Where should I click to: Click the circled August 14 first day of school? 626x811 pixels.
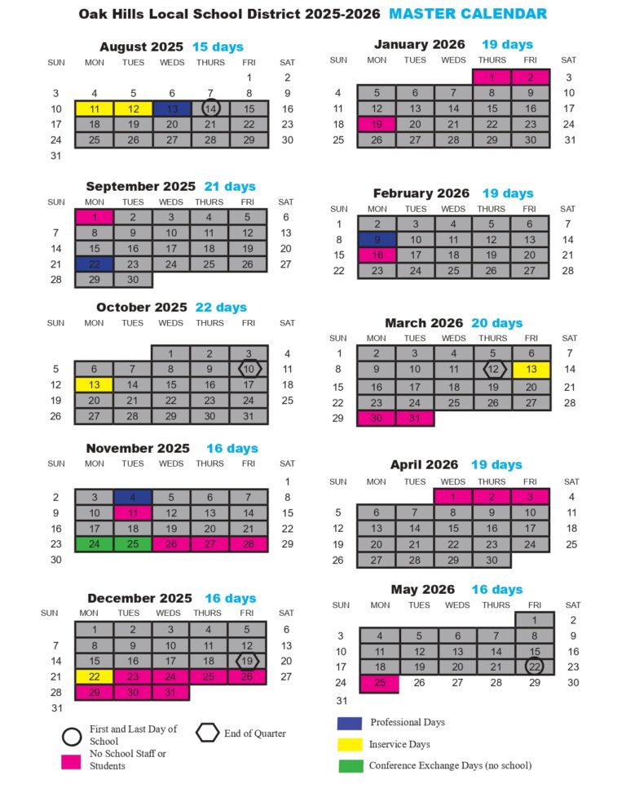coord(210,109)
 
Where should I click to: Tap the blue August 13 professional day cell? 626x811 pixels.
coord(171,109)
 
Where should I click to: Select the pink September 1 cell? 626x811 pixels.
coord(95,217)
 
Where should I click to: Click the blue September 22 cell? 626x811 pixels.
coord(95,264)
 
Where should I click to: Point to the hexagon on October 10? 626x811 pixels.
coord(249,369)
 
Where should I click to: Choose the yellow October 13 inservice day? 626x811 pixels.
coord(95,384)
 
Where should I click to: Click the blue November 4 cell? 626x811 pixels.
coord(133,497)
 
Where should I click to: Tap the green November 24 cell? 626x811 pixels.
coord(95,543)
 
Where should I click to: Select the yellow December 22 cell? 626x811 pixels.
coord(95,676)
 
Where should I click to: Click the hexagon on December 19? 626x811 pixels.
coord(247,661)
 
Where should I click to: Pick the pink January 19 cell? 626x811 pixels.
coord(377,124)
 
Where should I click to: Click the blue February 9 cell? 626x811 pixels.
coord(377,240)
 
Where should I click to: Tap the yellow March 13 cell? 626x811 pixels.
coord(531,370)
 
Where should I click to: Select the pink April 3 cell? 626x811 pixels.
coord(531,496)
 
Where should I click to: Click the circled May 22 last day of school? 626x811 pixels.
coord(534,667)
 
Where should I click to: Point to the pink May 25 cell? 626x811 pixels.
coord(379,683)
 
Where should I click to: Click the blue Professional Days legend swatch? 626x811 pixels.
coord(350,723)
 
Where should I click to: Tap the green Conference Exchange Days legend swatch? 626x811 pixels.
coord(350,765)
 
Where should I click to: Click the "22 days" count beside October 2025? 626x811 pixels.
coord(221,308)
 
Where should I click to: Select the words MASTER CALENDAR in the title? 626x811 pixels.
coord(468,14)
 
